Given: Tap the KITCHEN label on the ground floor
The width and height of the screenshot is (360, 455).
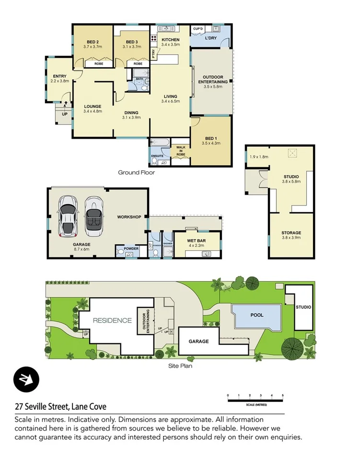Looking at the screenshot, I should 170,40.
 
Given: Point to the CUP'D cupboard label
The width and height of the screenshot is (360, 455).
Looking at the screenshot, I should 198,29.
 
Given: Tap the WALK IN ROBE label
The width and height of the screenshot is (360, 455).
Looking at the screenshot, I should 181,150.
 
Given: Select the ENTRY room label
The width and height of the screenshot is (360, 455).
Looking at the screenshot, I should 60,76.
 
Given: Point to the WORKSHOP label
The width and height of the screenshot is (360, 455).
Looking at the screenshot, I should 129,217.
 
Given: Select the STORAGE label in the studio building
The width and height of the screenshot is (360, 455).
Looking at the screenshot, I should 291,233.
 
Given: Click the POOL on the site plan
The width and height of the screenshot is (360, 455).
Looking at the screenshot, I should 256,315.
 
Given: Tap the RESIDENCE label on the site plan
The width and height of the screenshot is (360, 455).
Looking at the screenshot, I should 112,320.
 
